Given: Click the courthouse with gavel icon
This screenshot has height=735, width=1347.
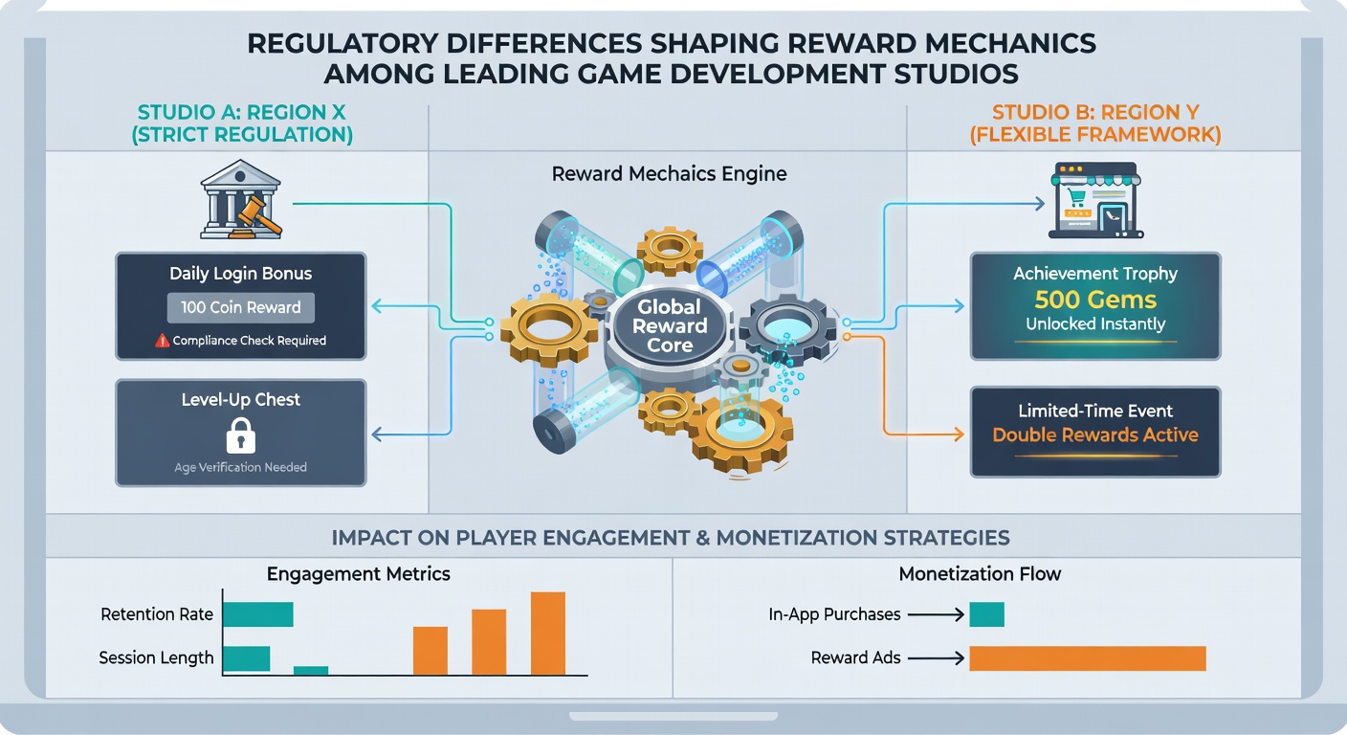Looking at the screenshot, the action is [x=241, y=199].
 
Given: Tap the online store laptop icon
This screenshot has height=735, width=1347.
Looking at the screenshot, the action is [x=1095, y=200].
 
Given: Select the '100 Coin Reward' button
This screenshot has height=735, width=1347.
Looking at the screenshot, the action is [x=240, y=307].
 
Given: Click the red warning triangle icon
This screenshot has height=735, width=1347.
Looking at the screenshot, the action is [x=163, y=341].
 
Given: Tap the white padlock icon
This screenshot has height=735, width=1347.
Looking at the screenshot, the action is [x=240, y=435].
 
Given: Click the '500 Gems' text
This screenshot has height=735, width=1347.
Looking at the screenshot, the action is [x=1095, y=300].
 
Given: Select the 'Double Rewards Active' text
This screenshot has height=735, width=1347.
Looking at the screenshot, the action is [x=1095, y=434].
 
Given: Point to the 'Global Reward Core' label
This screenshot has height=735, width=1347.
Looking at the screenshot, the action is [x=670, y=325].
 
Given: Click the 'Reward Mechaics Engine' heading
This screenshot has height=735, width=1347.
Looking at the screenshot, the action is [x=670, y=174].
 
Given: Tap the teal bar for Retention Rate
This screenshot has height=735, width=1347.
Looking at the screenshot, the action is [x=258, y=614].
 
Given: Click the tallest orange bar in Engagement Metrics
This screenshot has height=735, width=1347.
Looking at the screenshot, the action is [x=548, y=634].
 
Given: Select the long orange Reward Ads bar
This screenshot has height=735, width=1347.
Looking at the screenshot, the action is [x=1088, y=658].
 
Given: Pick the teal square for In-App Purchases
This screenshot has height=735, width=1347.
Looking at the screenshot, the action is [x=986, y=614].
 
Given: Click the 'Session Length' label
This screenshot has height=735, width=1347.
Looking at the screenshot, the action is [x=156, y=658].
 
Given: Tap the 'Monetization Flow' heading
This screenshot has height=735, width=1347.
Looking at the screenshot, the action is [x=980, y=574].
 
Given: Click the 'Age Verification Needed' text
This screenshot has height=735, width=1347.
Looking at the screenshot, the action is [x=240, y=467].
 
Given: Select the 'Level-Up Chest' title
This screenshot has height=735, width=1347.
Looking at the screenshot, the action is [x=240, y=400].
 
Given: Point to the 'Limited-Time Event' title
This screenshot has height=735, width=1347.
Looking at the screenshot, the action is [x=1095, y=411].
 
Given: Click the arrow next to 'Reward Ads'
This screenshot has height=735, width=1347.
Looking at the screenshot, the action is [x=936, y=658].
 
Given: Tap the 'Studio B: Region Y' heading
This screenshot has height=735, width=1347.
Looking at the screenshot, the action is [x=1095, y=112].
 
